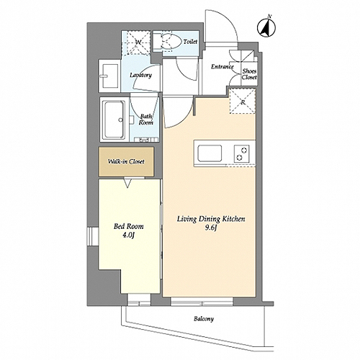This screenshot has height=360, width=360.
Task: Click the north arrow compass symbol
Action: click(x=266, y=27)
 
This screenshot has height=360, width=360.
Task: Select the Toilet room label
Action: click(x=190, y=42)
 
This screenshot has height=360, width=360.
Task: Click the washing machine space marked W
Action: click(x=136, y=42)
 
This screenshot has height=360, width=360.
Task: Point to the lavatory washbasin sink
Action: click(x=109, y=76)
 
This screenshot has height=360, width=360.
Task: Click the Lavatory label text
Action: click(x=140, y=75)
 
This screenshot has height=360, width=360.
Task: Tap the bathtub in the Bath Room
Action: click(x=114, y=120)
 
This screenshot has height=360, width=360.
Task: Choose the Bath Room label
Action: click(x=146, y=120)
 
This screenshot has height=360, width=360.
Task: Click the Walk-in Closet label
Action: click(x=126, y=161)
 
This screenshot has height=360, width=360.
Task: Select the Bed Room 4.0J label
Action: click(x=128, y=230)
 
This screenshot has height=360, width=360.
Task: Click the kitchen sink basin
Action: click(x=210, y=153)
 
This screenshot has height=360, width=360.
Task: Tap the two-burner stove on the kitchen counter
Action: click(x=242, y=154)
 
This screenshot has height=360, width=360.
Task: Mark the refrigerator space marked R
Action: click(x=243, y=101)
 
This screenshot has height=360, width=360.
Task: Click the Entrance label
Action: click(x=222, y=67)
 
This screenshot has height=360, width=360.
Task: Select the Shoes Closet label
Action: click(x=249, y=74)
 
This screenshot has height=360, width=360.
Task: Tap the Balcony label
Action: click(x=204, y=319)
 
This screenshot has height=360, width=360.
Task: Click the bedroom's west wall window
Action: click(x=93, y=236)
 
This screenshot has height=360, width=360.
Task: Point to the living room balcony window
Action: click(x=202, y=302)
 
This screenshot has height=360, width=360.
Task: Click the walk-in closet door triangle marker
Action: click(x=128, y=183)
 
